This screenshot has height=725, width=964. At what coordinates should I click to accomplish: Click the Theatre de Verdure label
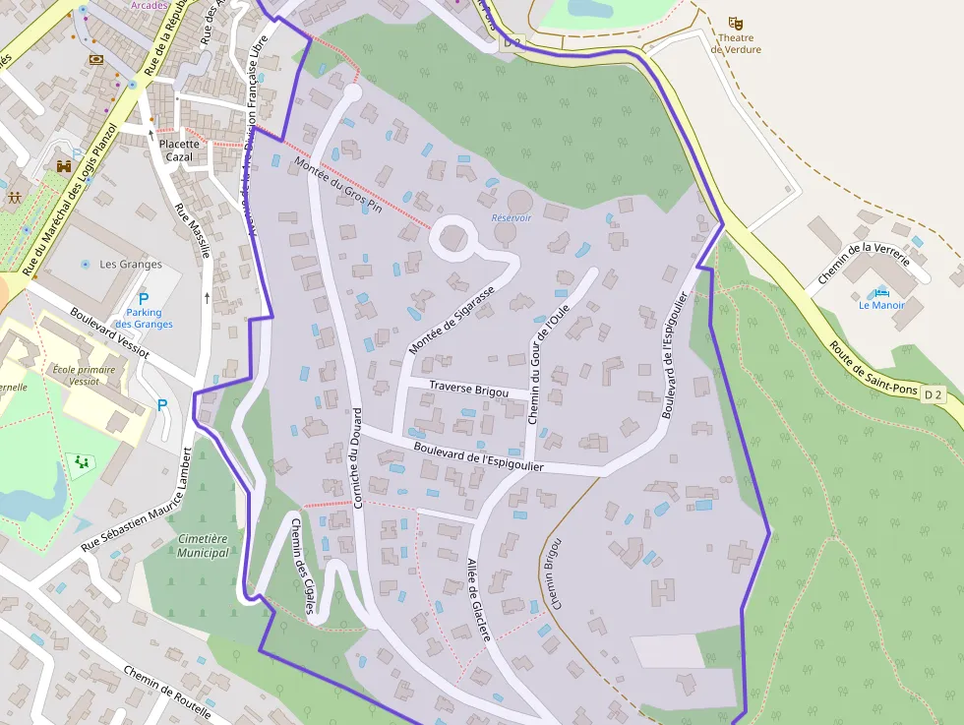tap(736, 44)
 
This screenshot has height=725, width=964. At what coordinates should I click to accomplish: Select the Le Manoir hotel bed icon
tap(880, 292)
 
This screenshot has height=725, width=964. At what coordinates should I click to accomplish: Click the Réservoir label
tap(512, 218)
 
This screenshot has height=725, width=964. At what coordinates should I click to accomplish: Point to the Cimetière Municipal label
tap(204, 546)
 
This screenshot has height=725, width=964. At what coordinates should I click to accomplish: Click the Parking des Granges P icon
tap(144, 299)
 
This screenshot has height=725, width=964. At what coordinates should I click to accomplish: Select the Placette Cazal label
tap(179, 151)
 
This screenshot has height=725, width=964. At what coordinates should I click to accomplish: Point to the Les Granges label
tap(131, 265)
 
